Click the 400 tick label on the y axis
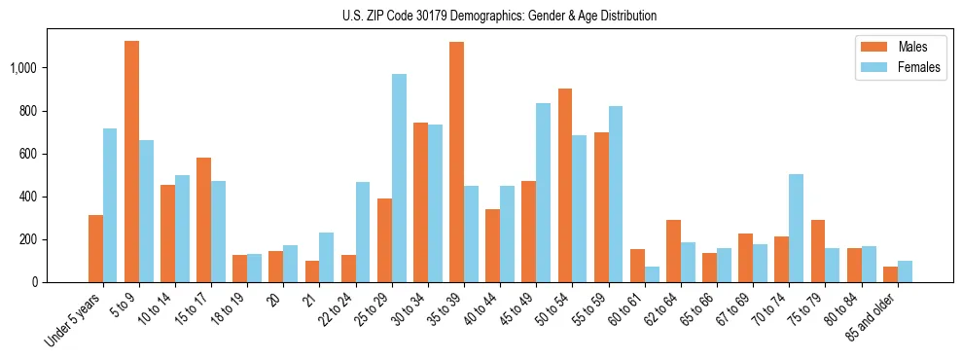tap(28, 197)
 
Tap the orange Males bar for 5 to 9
tap(132, 162)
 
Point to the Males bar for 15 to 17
tap(204, 220)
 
